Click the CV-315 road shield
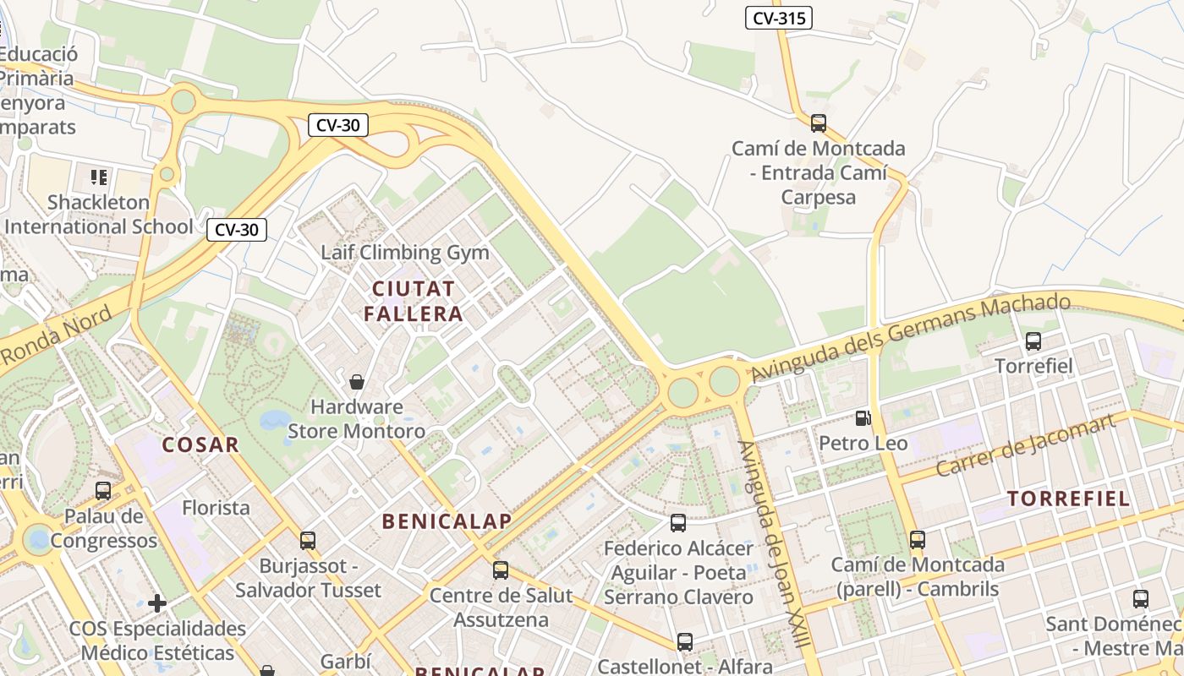[778, 17]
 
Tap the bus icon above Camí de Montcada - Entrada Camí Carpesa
[818, 123]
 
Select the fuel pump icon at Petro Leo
[863, 417]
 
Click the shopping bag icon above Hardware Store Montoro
[357, 382]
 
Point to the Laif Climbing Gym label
[405, 253]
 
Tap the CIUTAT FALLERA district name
[414, 302]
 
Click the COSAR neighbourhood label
[200, 444]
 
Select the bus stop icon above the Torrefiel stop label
[1033, 341]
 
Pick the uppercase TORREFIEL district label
[1069, 499]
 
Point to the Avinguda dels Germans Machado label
[911, 336]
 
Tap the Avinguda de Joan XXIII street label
[773, 544]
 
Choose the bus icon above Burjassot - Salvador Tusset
[308, 541]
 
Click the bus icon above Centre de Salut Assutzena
[501, 570]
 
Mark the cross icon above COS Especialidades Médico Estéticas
[156, 603]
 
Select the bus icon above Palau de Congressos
[103, 490]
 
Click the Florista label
[217, 508]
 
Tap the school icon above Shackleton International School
[99, 177]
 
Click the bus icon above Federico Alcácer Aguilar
[678, 523]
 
